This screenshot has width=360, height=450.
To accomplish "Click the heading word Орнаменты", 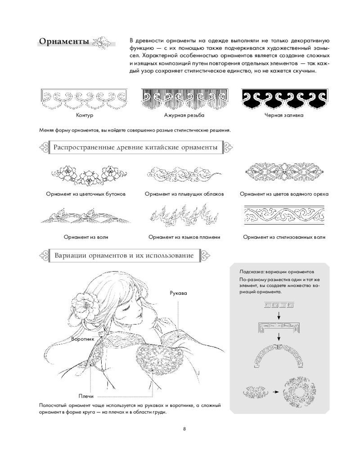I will tap(64, 42).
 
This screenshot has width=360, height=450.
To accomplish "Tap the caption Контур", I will tap(85, 115).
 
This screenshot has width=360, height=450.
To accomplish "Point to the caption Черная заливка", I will tap(283, 115).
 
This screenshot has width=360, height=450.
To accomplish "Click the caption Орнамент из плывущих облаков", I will tap(184, 194).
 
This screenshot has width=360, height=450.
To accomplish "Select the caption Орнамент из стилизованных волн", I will tap(284, 237).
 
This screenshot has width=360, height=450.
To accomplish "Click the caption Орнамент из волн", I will tap(85, 237).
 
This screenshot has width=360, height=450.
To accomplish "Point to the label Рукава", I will tap(178, 293).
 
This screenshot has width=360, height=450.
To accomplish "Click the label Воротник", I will tap(82, 339).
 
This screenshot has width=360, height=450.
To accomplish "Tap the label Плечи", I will tap(85, 396).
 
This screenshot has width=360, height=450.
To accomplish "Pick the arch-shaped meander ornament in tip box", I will tap(279, 355).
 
